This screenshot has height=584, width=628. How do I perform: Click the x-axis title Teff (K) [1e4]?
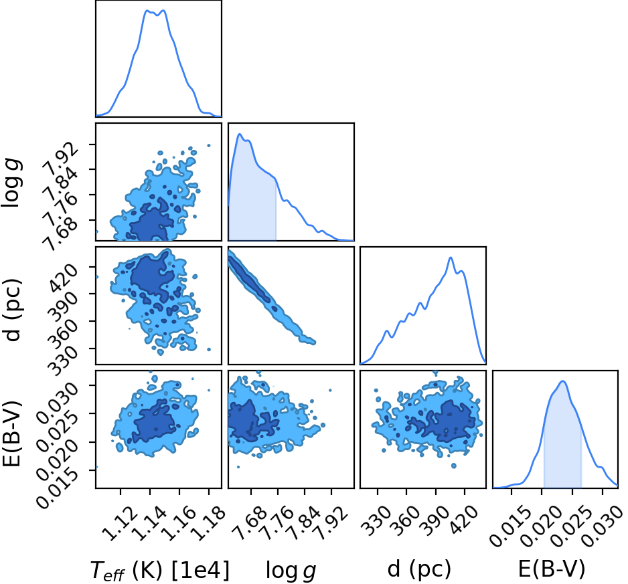[x=160, y=570]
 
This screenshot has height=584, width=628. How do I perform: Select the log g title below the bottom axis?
[x=291, y=571]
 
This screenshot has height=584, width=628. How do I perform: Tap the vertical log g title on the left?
[x=11, y=182]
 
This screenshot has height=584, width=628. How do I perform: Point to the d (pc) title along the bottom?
[x=419, y=569]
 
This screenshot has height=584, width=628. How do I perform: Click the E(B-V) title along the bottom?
[x=552, y=569]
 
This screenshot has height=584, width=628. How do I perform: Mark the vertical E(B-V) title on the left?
[x=11, y=433]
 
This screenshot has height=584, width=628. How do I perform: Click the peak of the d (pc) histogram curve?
[x=451, y=258]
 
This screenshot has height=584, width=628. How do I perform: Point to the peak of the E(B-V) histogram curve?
[x=562, y=381]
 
